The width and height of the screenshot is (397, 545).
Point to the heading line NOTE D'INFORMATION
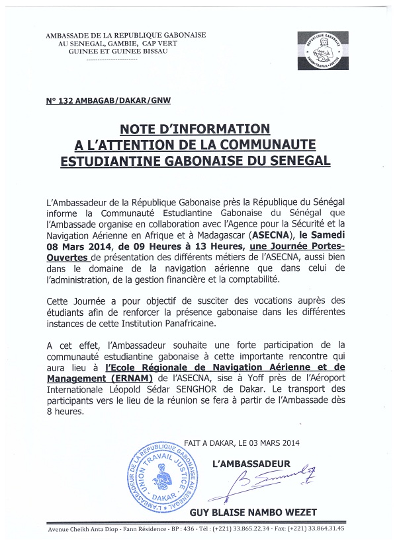[x=195, y=129]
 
